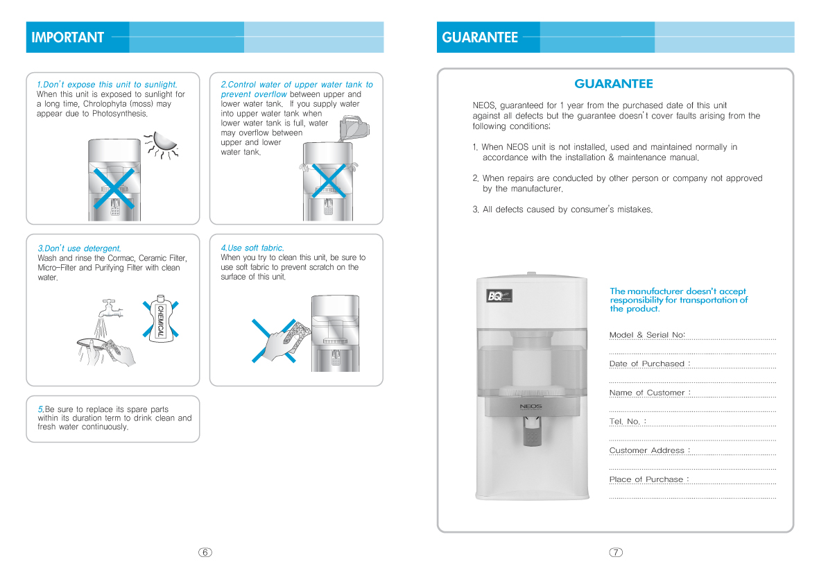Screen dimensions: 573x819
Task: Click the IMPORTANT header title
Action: pos(67,37)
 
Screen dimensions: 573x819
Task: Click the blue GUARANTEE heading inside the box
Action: pos(614,84)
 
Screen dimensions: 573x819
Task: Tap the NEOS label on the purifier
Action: pos(531,406)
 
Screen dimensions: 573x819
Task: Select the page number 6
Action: pos(205,552)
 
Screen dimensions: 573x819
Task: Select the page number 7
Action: pos(616,552)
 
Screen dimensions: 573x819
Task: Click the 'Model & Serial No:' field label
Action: pos(647,335)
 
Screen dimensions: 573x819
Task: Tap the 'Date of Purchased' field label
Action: pos(649,364)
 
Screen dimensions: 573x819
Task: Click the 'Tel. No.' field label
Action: pos(627,421)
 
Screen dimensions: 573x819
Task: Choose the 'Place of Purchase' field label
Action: pos(648,479)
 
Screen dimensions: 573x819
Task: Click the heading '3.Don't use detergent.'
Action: pos(79,248)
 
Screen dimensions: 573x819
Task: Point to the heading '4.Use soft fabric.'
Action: pos(252,248)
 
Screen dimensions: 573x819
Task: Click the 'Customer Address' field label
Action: pos(649,450)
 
